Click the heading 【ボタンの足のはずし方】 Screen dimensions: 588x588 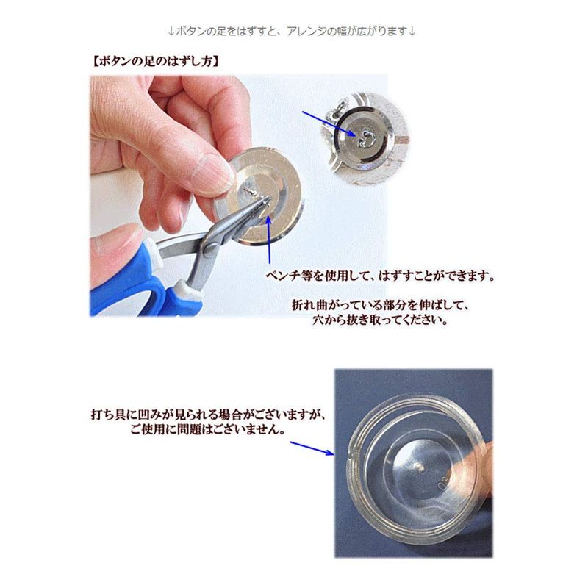point(155,62)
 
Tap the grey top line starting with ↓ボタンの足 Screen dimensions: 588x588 point(292,31)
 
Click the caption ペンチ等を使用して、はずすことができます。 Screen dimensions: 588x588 point(380,276)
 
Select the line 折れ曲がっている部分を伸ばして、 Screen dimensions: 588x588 point(380,305)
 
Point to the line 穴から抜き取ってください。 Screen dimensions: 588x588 point(380,320)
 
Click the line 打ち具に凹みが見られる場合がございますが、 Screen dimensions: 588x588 point(209,415)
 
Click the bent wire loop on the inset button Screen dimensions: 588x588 point(364,139)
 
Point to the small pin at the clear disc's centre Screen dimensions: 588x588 point(420,467)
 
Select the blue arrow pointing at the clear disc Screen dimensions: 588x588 point(312,448)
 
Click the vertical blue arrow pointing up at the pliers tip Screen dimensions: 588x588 point(269,240)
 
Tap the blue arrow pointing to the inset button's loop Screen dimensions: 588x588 point(329,123)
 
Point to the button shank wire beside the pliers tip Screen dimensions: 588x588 point(249,190)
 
